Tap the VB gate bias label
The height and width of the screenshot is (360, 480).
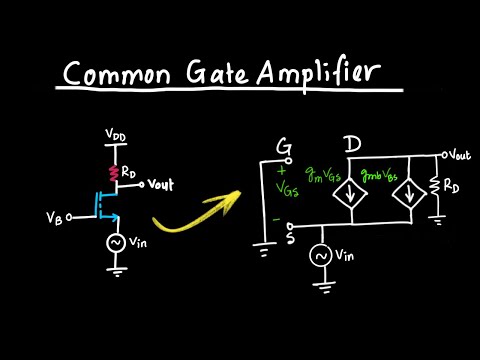coord(56,215)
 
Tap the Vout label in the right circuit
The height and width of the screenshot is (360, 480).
coord(459,155)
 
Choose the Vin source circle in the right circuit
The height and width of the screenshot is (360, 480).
coord(324,257)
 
